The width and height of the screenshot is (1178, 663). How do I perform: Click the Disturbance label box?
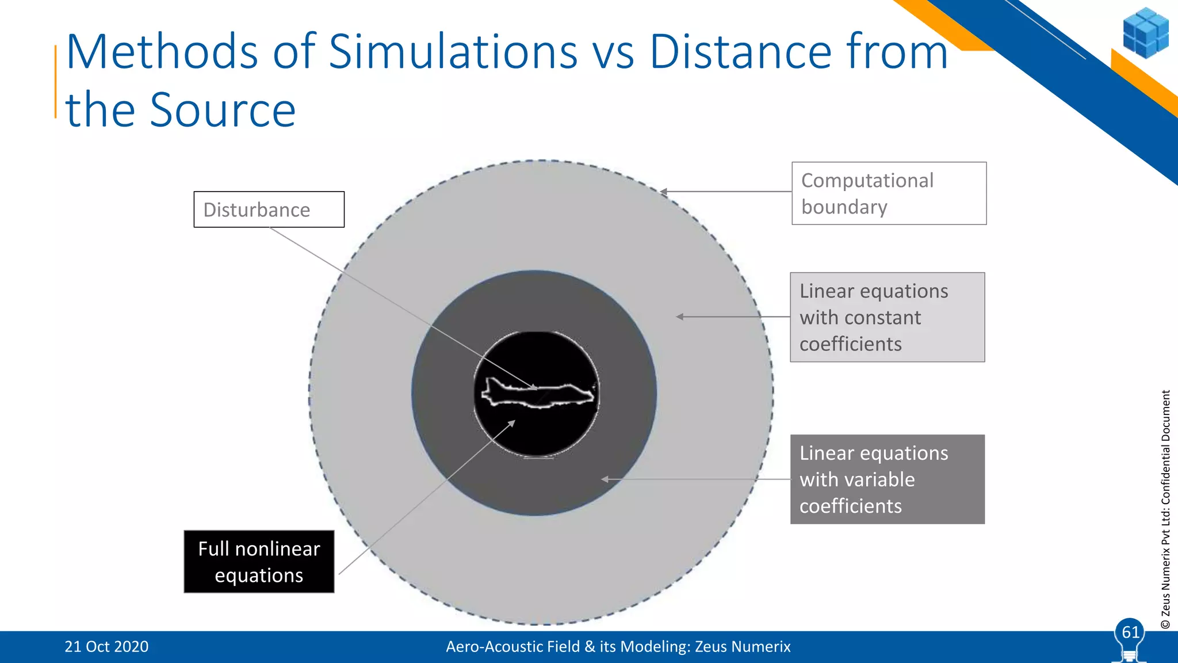click(x=269, y=209)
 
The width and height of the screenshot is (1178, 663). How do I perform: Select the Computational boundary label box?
click(x=889, y=193)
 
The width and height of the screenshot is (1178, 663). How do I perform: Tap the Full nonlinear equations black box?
click(x=259, y=562)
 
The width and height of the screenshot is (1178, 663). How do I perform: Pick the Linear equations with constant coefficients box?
click(x=887, y=317)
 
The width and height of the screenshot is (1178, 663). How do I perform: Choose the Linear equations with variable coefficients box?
click(x=887, y=479)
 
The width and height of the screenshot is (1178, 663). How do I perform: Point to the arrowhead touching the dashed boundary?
click(x=664, y=192)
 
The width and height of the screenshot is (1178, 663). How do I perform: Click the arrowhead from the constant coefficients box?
click(x=680, y=317)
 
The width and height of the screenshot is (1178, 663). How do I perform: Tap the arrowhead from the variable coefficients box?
click(x=605, y=479)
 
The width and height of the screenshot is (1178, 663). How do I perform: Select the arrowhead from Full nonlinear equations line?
click(x=511, y=423)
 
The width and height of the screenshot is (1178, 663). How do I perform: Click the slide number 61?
click(x=1130, y=632)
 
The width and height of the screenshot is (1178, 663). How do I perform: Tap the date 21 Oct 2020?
click(x=106, y=647)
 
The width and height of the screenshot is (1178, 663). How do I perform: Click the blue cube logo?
click(x=1145, y=33)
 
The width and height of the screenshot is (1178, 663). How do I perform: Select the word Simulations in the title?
click(x=453, y=52)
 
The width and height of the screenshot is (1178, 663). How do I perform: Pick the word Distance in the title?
click(x=740, y=52)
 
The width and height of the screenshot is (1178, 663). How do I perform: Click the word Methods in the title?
click(x=162, y=52)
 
